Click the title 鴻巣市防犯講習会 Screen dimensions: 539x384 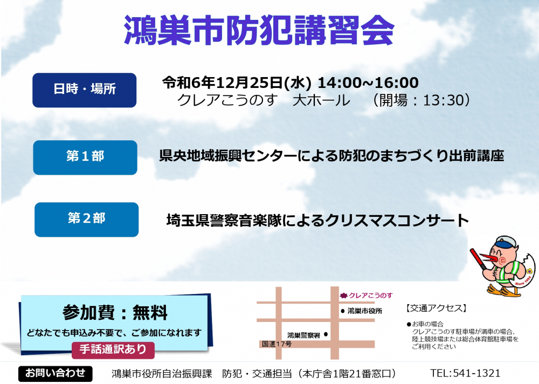[x=259, y=30]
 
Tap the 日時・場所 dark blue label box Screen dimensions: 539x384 [x=85, y=90]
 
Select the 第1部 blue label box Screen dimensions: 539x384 [x=85, y=157]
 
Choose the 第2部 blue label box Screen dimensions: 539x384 [x=87, y=220]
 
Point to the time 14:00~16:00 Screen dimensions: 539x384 [x=368, y=83]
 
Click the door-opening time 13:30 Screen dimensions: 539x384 [x=444, y=100]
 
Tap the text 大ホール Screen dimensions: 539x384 [x=321, y=100]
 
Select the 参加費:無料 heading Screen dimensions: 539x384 [x=115, y=312]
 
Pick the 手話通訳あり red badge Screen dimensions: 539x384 [x=113, y=349]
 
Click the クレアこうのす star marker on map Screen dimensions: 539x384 [x=343, y=295]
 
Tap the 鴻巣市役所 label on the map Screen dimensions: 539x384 [x=365, y=311]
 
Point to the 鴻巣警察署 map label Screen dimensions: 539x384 [x=303, y=335]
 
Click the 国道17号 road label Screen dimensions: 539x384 [x=277, y=344]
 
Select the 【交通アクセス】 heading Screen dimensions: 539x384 [x=436, y=308]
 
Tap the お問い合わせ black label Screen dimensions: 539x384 [x=56, y=373]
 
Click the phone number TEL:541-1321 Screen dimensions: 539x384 [x=465, y=373]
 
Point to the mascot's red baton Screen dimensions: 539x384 [x=479, y=259]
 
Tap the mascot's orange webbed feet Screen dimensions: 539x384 [x=503, y=291]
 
